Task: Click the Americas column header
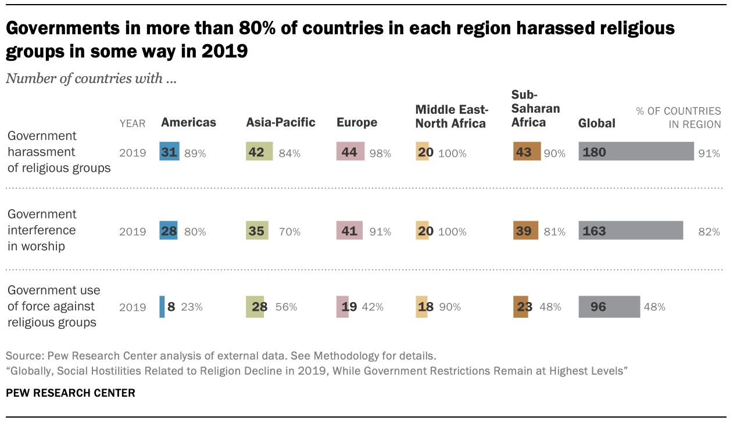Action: (x=188, y=123)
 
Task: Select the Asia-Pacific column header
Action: (x=281, y=123)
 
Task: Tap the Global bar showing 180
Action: (x=636, y=152)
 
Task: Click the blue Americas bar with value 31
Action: (x=170, y=152)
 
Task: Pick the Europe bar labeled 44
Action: (x=350, y=152)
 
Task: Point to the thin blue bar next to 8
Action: (x=162, y=307)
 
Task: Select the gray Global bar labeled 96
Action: (x=609, y=307)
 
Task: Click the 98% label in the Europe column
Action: (x=380, y=153)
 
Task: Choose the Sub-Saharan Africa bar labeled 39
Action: (x=525, y=231)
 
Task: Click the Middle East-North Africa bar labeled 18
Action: (x=421, y=307)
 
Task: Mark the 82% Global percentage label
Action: (x=709, y=231)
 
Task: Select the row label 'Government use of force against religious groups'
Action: (x=53, y=307)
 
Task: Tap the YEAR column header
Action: (x=132, y=123)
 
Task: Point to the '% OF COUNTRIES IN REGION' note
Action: (x=678, y=117)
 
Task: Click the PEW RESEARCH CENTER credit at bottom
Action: (x=70, y=393)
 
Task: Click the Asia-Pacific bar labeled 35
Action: (x=257, y=231)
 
